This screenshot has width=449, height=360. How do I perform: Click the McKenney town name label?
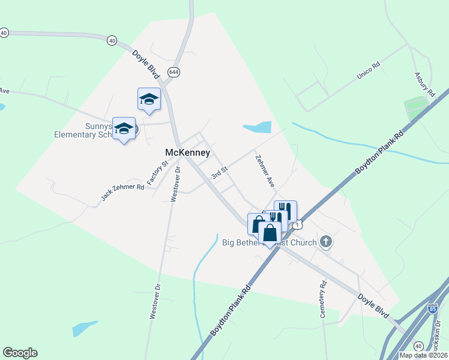188,153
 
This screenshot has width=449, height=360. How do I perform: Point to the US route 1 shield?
298,224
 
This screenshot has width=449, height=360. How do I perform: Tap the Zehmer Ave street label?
264,172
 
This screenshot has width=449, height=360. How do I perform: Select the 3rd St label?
220,172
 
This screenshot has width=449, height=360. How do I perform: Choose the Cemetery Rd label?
323,299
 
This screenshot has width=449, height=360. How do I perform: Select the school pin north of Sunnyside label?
149,100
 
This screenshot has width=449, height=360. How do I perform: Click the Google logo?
20,353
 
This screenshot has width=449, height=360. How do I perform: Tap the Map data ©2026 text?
423,355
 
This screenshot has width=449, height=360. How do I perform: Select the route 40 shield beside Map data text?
418,346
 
